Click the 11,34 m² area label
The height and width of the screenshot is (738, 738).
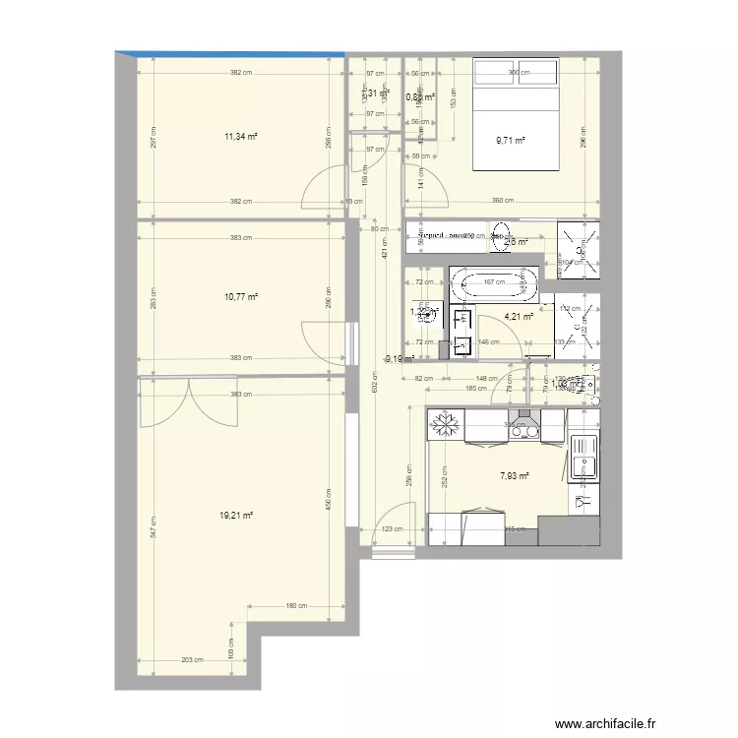click(x=240, y=138)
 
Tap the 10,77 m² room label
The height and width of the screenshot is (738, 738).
click(x=240, y=296)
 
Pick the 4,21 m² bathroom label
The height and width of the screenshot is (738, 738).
click(x=519, y=317)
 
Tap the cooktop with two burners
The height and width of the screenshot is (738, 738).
click(x=522, y=426)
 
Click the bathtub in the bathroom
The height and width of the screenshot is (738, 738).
click(x=495, y=285)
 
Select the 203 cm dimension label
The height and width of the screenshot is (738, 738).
click(x=193, y=661)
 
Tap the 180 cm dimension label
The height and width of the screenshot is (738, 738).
click(x=297, y=606)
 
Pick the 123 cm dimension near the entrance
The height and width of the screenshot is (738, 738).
click(x=393, y=529)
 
